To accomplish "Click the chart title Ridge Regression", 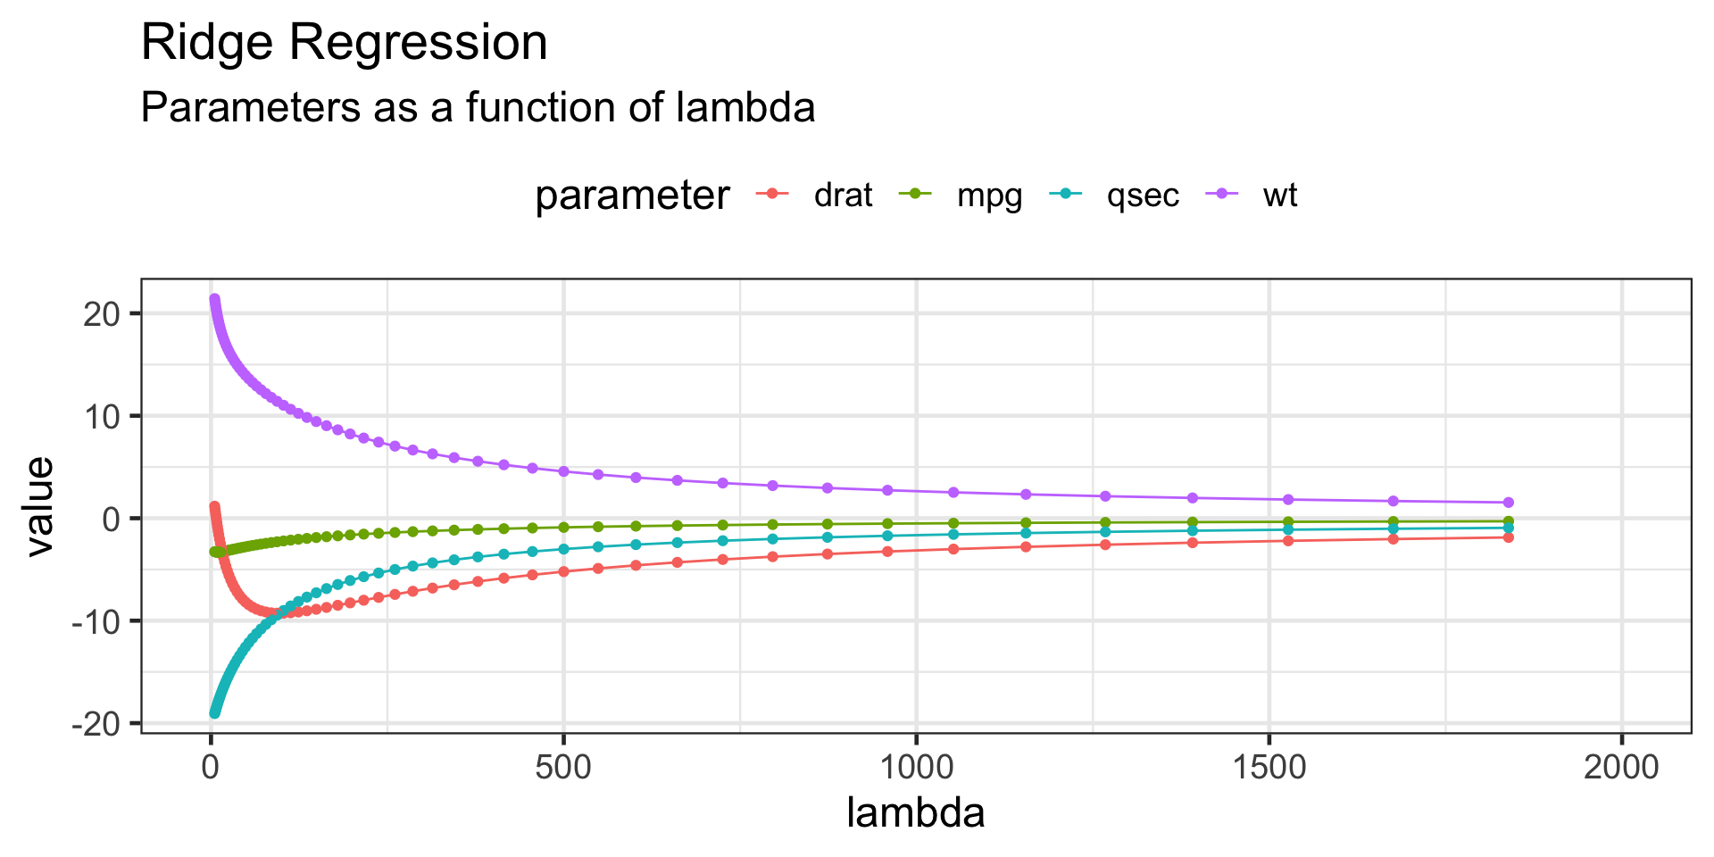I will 344,43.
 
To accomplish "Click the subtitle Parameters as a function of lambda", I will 478,108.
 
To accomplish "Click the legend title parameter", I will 632,196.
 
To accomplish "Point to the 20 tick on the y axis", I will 101,313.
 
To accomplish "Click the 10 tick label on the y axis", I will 101,416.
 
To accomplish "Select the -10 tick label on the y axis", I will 96,621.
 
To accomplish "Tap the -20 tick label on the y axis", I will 96,723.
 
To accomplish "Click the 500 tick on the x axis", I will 563,767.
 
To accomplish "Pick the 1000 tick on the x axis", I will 916,767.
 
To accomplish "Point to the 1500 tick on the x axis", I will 1269,767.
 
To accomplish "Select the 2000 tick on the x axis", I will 1621,767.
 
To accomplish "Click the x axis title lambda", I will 916,813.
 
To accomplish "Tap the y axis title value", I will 39,506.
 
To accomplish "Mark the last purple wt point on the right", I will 1508,503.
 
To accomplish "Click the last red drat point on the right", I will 1508,537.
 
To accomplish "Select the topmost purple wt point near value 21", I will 214,299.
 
